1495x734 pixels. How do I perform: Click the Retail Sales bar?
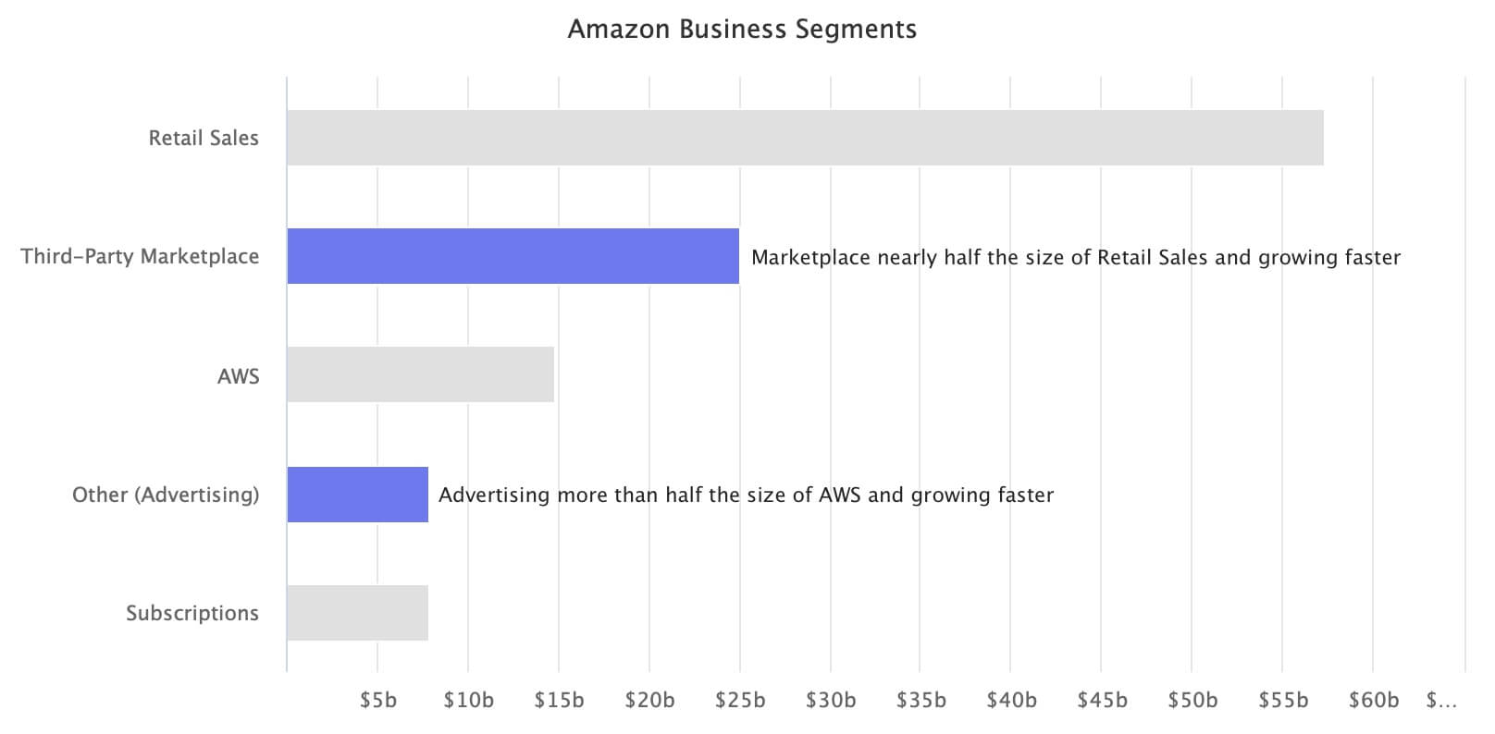(805, 138)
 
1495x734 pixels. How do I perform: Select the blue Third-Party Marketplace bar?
(513, 256)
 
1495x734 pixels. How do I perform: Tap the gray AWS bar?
(420, 374)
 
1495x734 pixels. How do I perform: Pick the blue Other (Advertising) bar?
(358, 494)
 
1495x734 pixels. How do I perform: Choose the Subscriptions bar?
(358, 613)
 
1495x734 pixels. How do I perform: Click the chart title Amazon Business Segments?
(742, 30)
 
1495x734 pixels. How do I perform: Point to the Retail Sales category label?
(204, 138)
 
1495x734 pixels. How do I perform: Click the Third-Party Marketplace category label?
(140, 257)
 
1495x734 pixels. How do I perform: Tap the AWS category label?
(239, 376)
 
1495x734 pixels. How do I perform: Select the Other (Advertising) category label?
(166, 495)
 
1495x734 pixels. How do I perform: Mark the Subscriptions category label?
(192, 613)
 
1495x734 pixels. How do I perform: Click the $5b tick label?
(377, 700)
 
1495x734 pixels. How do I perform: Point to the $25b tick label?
(740, 700)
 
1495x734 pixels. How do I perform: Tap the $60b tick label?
(1374, 700)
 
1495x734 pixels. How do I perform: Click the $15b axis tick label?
(560, 700)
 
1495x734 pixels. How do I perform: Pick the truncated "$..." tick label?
(1441, 700)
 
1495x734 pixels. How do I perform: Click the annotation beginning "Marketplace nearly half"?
(1076, 257)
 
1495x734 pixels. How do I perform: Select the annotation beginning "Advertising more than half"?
(747, 495)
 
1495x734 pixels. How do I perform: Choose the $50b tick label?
(1192, 700)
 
